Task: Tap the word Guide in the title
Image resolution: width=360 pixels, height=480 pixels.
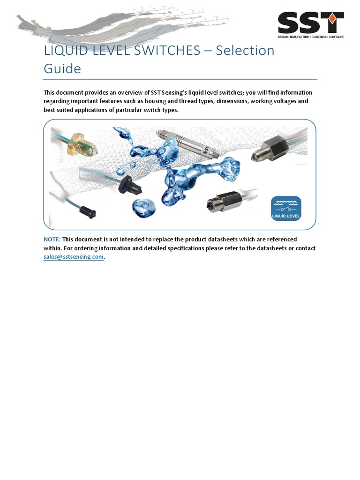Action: tap(62, 68)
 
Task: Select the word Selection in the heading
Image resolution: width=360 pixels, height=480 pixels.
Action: tap(245, 50)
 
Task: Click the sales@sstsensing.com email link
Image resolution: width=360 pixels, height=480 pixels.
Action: tap(73, 257)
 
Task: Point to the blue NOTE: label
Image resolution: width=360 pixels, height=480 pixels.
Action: tap(52, 239)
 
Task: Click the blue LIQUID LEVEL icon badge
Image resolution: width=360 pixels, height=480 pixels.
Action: tap(286, 209)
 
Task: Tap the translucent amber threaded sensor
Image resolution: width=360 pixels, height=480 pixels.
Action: tap(82, 143)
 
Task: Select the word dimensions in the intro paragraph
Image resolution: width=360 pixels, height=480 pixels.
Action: tap(232, 101)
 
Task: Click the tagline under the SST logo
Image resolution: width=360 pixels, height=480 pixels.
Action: tap(311, 37)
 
